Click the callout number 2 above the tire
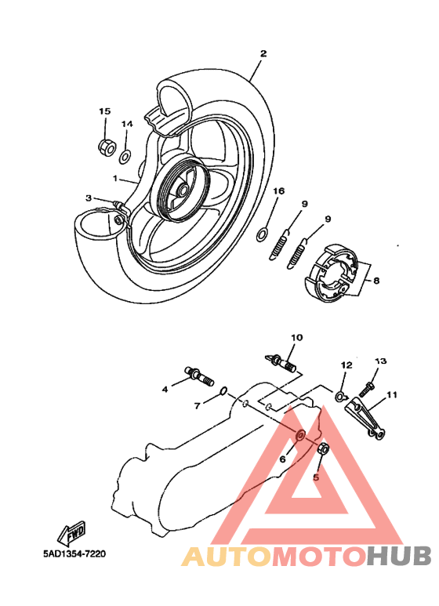263,53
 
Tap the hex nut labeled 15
104,145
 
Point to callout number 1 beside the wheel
114,179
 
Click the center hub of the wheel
182,188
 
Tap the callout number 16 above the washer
278,191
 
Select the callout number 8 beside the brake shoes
376,280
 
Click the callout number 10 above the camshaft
296,338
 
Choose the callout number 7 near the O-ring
198,405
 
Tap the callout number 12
346,365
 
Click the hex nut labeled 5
323,448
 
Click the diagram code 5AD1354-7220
74,553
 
